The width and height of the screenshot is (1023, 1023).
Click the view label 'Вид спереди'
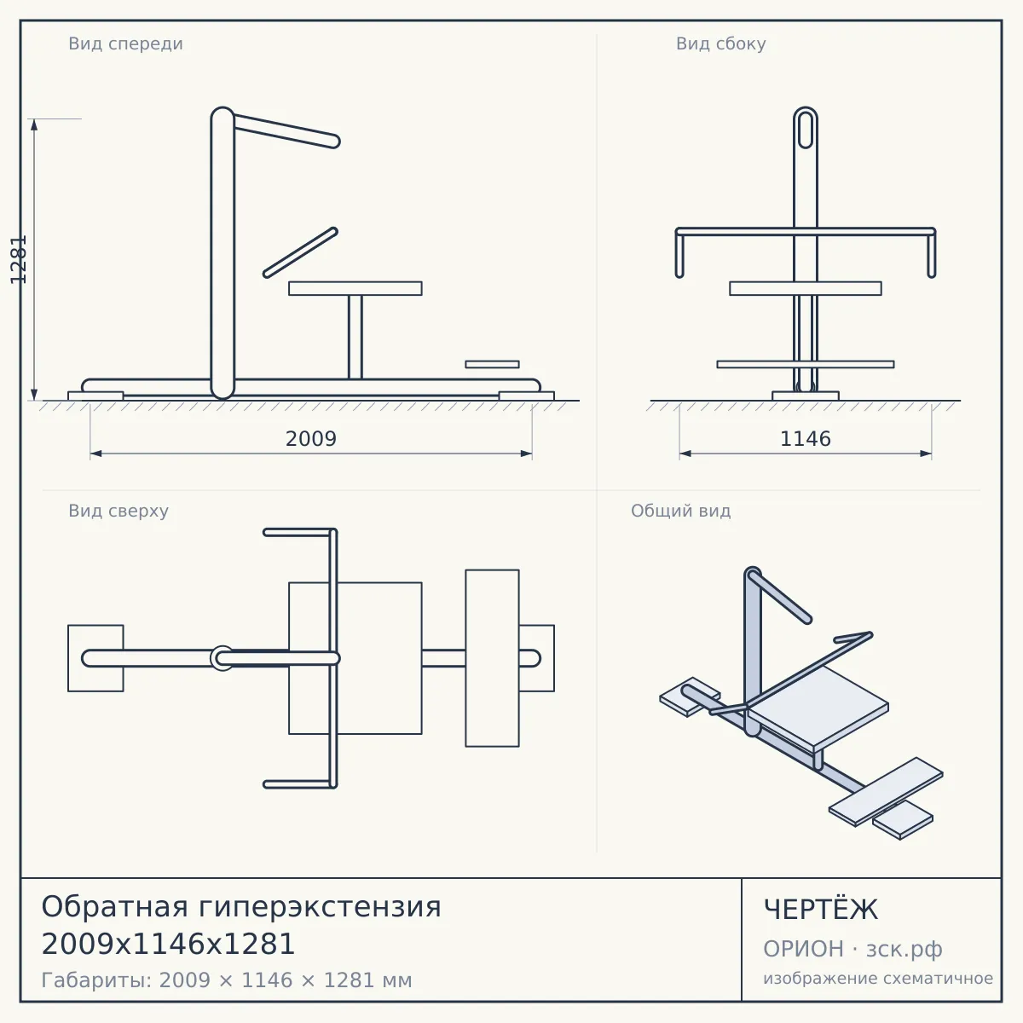pos(125,43)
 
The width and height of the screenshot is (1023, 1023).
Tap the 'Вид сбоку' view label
pos(720,43)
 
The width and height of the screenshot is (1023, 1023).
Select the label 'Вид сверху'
pos(118,511)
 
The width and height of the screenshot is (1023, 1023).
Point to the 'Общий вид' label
pos(680,511)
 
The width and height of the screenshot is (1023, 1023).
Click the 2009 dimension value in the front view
pos(311,439)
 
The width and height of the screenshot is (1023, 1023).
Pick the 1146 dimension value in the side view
pos(806,439)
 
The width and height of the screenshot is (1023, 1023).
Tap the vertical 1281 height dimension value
pos(19,260)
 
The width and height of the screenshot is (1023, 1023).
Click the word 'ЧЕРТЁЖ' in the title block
pos(821,910)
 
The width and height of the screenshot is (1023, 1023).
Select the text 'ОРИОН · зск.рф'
pos(852,949)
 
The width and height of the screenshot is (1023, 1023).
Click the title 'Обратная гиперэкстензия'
pos(241,906)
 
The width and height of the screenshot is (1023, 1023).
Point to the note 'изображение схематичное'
pos(878,978)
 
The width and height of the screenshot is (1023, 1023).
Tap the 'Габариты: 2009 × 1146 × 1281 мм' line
pos(227,980)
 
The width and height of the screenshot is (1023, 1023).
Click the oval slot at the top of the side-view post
pos(806,129)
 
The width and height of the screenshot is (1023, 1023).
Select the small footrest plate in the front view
pos(492,364)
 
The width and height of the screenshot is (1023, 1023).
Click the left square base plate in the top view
pos(95,658)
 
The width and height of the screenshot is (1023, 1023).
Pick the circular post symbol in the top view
pos(222,658)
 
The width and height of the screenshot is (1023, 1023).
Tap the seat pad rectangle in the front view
pos(355,288)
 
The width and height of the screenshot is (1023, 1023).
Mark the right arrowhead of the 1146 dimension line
pos(926,454)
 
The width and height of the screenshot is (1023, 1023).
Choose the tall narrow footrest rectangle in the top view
pos(492,658)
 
